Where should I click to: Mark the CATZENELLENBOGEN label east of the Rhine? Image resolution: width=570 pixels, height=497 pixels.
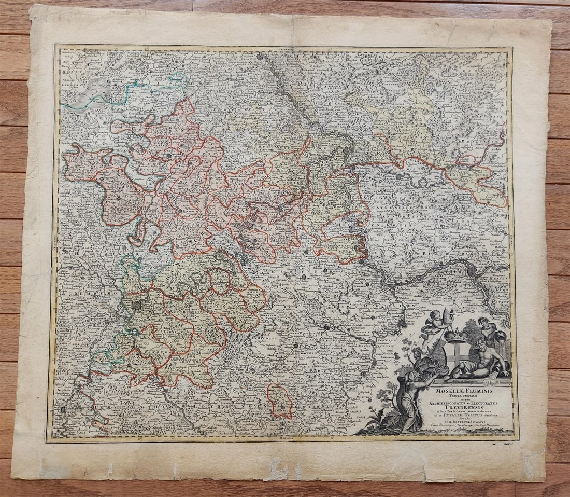click(409, 197)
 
